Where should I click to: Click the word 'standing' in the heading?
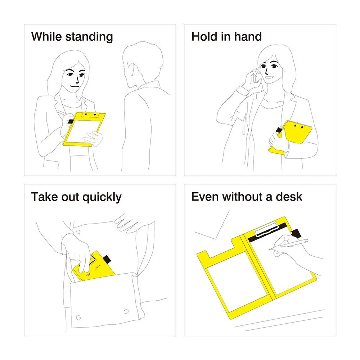89,37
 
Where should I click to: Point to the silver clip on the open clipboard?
267,229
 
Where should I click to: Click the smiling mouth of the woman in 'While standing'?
75,86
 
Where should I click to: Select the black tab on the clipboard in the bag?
107,259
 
